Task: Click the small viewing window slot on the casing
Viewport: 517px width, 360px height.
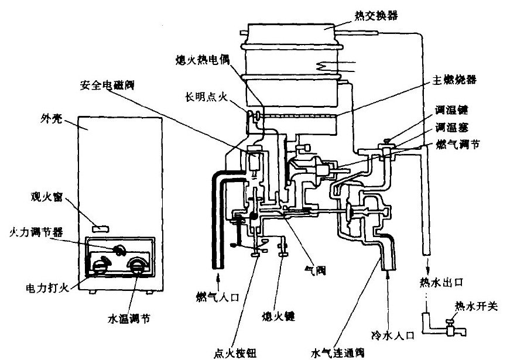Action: [x=101, y=225]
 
